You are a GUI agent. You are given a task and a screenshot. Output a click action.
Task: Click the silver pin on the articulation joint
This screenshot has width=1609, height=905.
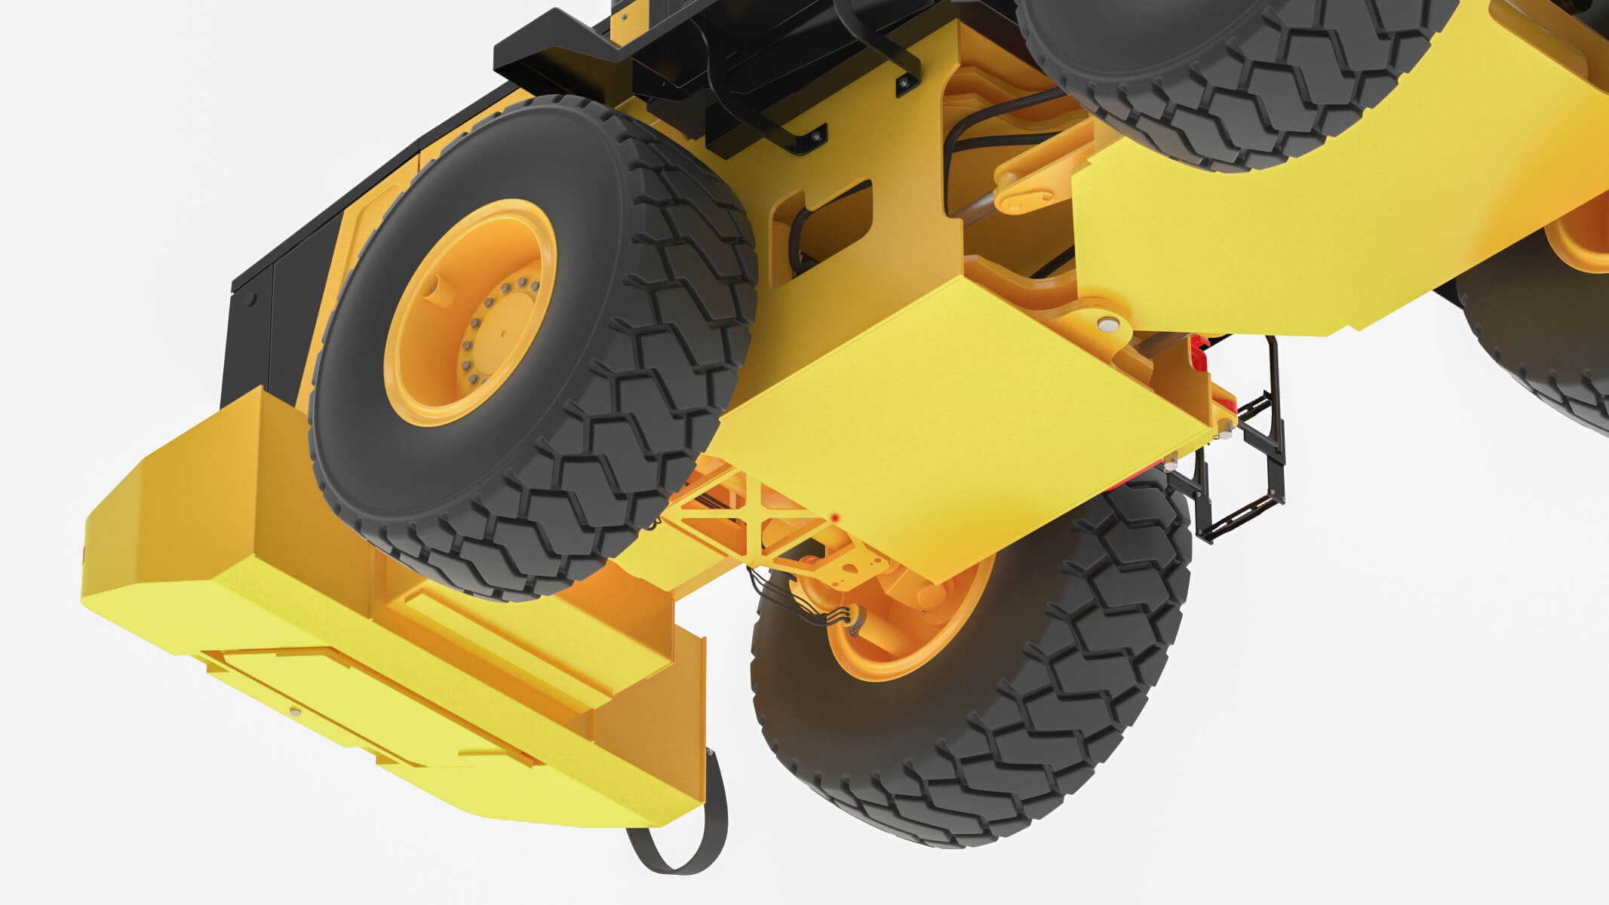click(x=1108, y=324)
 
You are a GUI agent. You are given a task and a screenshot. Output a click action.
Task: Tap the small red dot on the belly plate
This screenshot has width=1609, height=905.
click(x=836, y=517)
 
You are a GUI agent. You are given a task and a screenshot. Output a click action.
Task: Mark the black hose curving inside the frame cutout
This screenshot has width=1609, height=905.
click(x=800, y=241)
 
